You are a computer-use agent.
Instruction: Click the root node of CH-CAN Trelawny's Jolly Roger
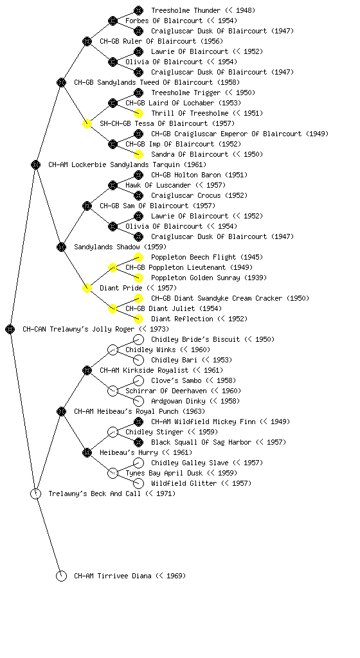tap(10, 329)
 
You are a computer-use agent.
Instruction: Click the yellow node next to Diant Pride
tap(87, 288)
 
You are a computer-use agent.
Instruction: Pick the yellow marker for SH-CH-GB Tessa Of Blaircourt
tap(87, 123)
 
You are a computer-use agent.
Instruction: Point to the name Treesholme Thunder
tap(186, 10)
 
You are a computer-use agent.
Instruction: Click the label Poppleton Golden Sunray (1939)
tap(209, 278)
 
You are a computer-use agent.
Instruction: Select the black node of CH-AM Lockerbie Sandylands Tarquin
tap(35, 164)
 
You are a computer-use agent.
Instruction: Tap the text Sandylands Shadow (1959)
tap(120, 247)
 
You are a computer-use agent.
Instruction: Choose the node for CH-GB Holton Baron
tap(138, 175)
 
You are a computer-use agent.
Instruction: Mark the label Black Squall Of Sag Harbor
tap(201, 442)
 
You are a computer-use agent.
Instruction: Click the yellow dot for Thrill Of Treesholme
tap(138, 113)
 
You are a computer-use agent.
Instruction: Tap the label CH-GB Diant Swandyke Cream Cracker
tap(217, 298)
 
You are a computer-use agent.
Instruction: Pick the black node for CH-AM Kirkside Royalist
tap(87, 370)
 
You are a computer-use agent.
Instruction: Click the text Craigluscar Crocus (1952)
tap(199, 195)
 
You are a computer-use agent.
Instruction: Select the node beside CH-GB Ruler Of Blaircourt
tap(87, 41)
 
